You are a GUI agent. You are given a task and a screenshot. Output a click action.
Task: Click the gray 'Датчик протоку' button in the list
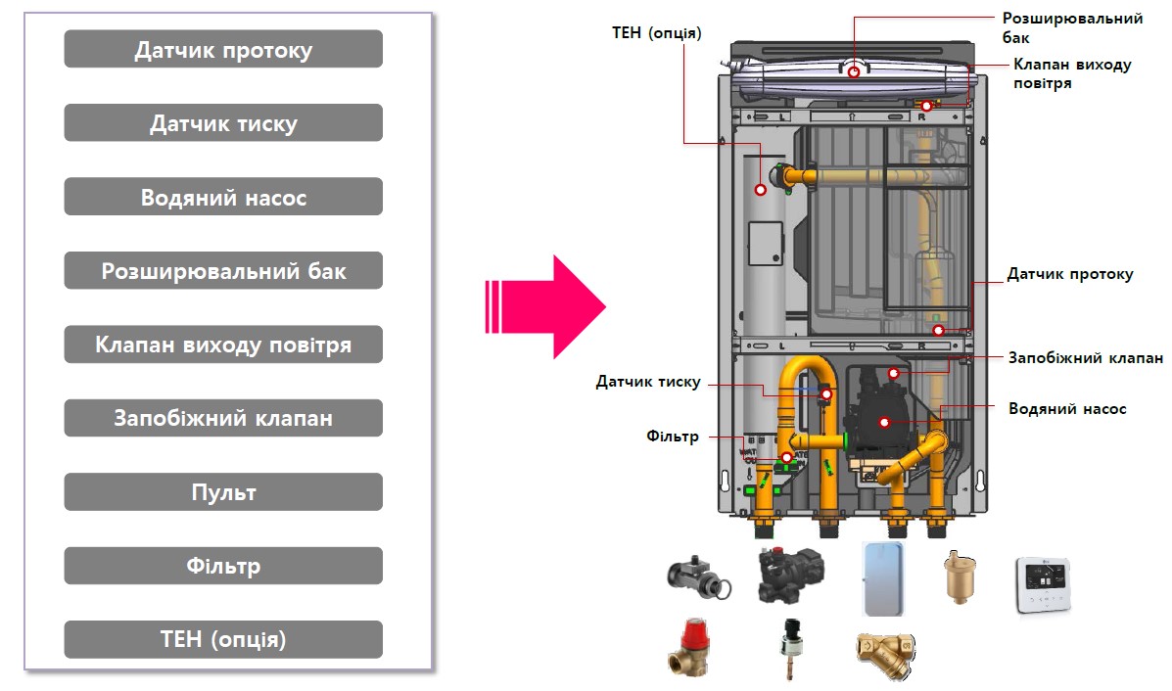click(x=223, y=50)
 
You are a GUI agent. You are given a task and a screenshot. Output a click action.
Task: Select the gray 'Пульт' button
click(x=223, y=492)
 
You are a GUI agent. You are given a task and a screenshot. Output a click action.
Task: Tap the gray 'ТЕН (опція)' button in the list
click(x=223, y=640)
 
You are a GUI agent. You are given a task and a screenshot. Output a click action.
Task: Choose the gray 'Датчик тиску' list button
click(x=223, y=123)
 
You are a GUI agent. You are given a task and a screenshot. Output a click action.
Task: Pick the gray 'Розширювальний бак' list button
click(x=223, y=271)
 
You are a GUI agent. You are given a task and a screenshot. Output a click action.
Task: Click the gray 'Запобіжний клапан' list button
click(x=223, y=419)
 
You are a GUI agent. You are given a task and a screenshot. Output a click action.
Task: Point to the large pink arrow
click(x=545, y=306)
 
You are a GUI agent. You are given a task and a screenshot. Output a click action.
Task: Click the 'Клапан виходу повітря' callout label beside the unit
click(x=1071, y=73)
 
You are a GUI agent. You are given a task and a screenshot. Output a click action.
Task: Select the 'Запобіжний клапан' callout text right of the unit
click(x=1085, y=358)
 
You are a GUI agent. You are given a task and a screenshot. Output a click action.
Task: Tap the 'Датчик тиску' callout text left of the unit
click(x=648, y=382)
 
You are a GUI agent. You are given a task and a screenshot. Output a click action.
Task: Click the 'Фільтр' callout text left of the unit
click(x=673, y=437)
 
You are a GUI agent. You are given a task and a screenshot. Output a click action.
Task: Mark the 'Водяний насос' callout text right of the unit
click(x=1067, y=408)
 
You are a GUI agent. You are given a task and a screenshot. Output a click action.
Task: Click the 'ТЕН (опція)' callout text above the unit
click(x=656, y=33)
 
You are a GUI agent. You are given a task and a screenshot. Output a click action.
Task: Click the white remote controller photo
click(x=1046, y=585)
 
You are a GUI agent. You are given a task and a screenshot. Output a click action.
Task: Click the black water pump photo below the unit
click(x=789, y=576)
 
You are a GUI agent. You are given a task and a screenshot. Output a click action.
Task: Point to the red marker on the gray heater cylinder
click(x=761, y=188)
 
